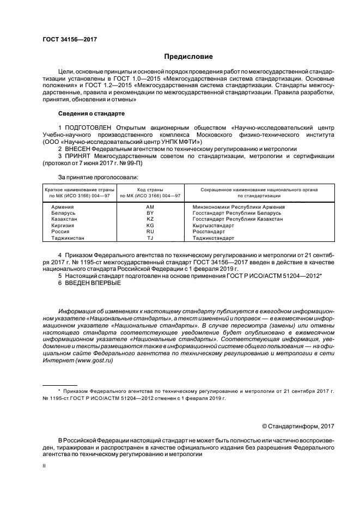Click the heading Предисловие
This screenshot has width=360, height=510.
coord(188,56)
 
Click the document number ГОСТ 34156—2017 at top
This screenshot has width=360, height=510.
coord(69,39)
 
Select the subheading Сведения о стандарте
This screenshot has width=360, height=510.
coord(91,113)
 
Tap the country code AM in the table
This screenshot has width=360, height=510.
coord(150,207)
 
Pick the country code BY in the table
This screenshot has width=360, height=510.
coord(150,213)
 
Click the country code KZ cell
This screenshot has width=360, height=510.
coord(150,219)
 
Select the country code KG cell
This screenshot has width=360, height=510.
coord(150,225)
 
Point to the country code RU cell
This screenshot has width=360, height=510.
coord(150,232)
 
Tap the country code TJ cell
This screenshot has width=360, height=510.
coord(150,238)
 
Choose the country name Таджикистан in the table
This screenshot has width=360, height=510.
coord(68,238)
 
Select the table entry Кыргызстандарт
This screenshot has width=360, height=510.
coord(213,225)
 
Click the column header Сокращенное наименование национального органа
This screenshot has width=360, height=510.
coord(259,189)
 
